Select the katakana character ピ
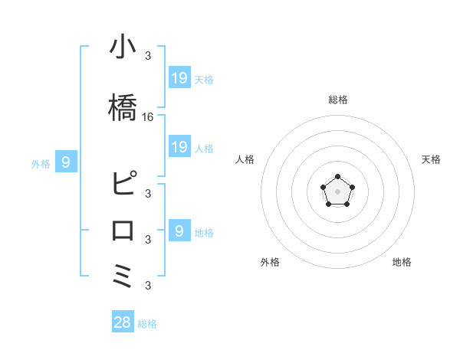click(123, 184)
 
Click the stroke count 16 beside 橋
click(148, 117)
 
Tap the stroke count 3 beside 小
click(148, 55)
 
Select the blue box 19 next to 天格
click(179, 77)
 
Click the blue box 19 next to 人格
click(179, 147)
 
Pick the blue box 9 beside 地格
click(179, 231)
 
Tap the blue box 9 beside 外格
click(67, 162)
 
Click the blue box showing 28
click(123, 322)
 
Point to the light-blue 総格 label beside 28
click(147, 324)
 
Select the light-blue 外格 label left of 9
click(41, 163)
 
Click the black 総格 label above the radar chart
click(337, 100)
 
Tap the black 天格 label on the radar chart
click(431, 159)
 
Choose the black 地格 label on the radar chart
click(402, 262)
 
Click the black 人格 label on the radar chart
click(245, 159)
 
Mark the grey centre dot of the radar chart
click(337, 191)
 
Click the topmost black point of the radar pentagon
click(337, 177)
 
